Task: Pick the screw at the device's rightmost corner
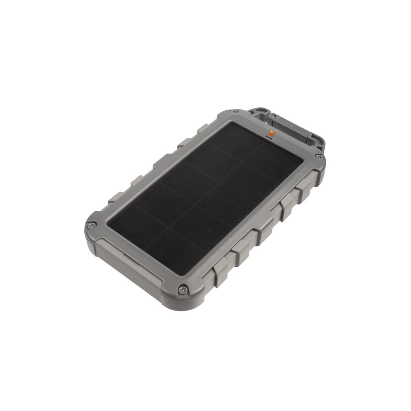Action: [319, 156]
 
